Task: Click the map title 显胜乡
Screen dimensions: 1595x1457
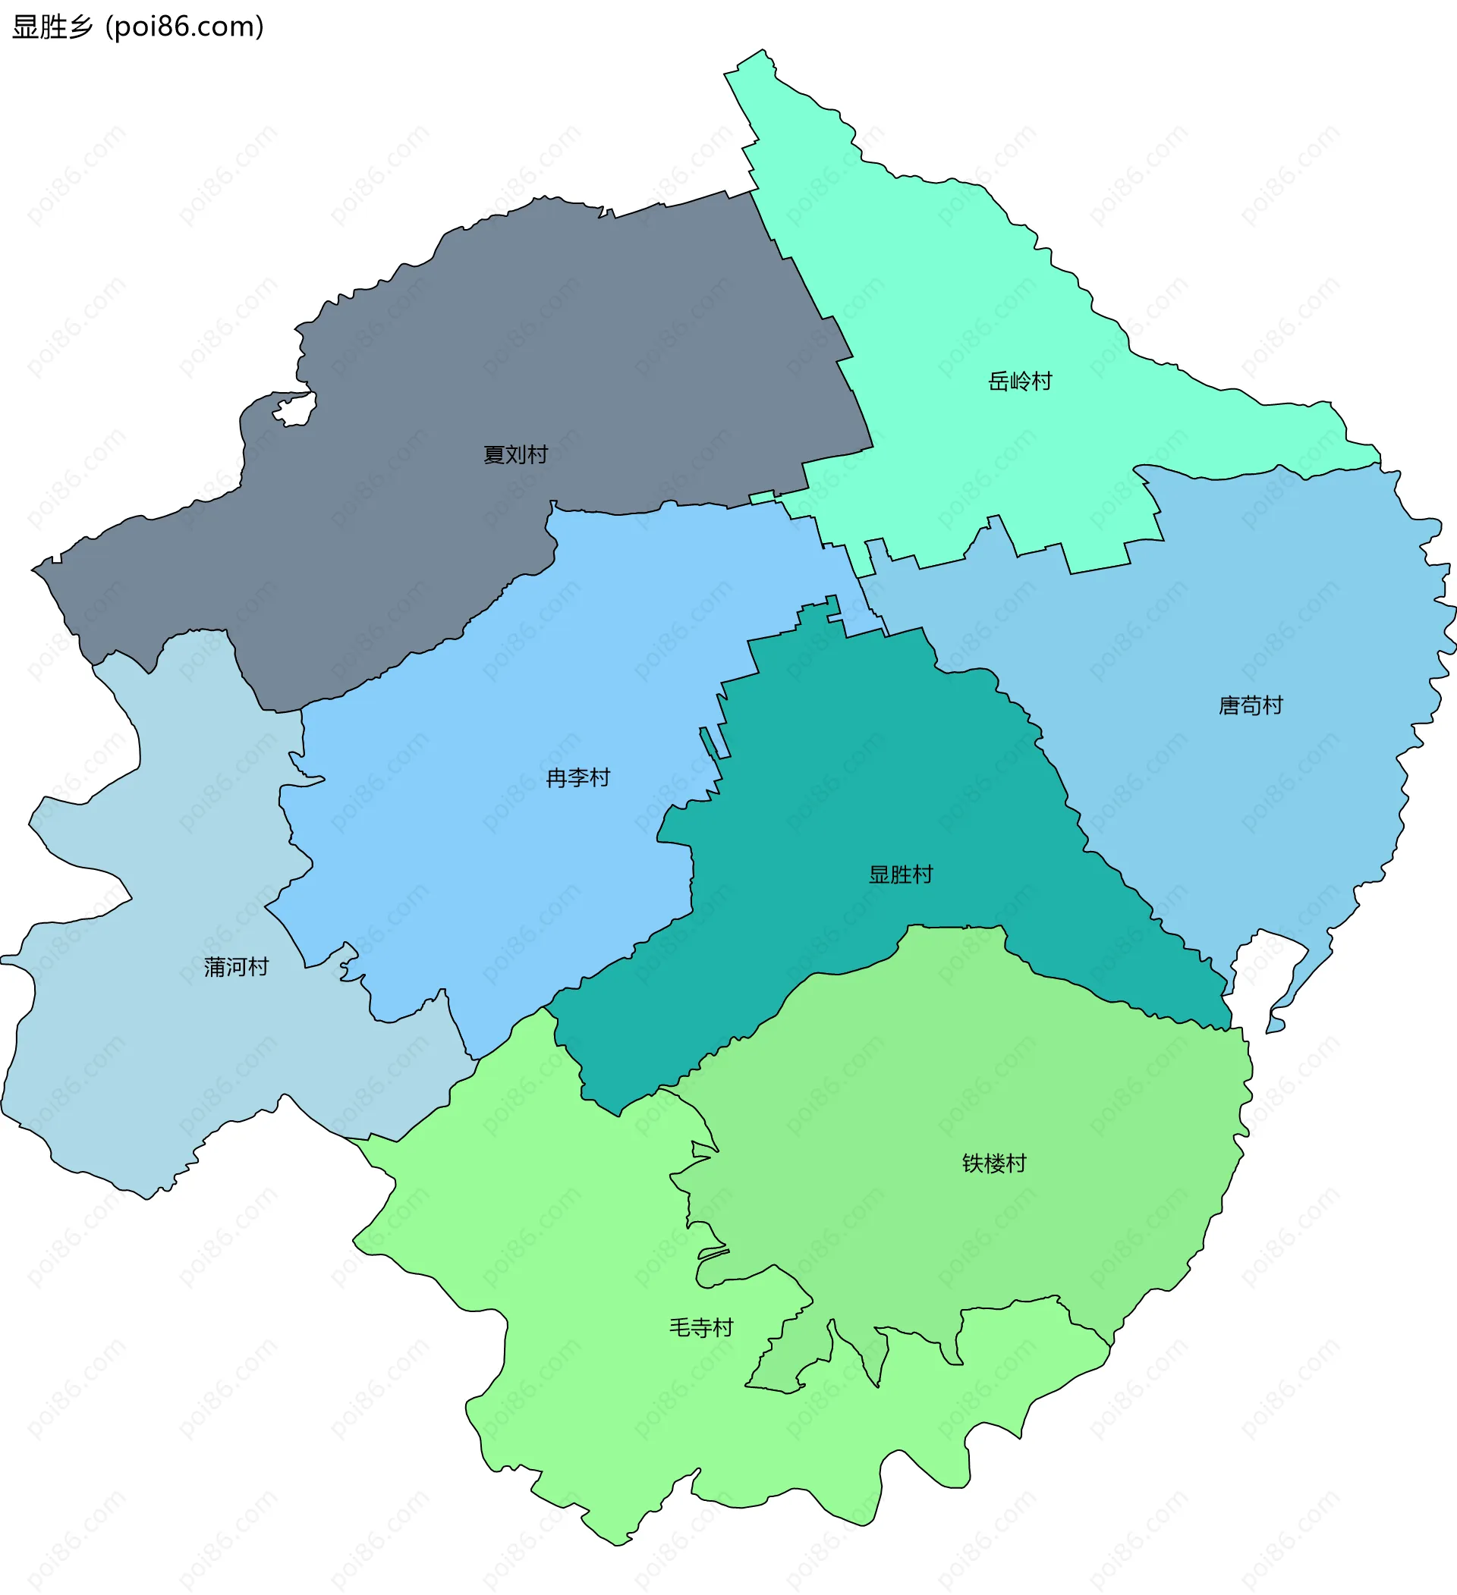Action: point(52,27)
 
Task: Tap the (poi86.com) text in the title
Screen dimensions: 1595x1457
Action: point(184,27)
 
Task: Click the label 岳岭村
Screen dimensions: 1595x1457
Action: point(1020,381)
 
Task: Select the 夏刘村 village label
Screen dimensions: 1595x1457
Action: point(515,454)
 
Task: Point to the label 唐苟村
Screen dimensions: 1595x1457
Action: point(1251,705)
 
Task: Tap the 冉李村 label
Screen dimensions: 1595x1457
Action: point(577,777)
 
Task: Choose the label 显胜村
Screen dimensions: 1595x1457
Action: point(901,874)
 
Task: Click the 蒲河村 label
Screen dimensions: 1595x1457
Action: point(236,967)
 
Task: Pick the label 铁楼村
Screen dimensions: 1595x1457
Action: point(994,1163)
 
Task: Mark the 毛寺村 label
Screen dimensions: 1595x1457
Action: point(701,1327)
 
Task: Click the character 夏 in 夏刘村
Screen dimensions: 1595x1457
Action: point(494,454)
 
